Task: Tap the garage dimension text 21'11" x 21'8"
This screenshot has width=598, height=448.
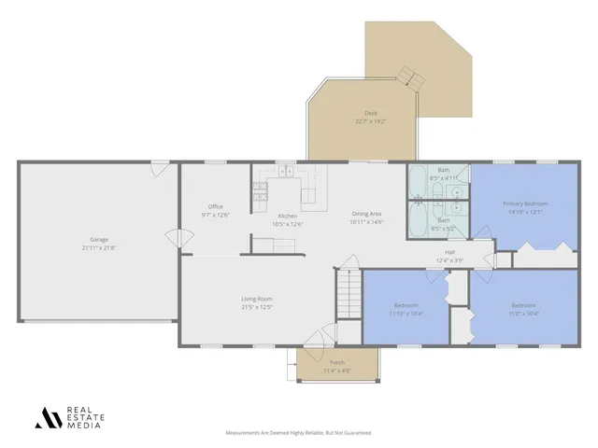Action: (x=98, y=247)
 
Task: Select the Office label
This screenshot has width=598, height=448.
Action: (x=215, y=206)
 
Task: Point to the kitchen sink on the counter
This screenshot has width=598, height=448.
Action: (x=285, y=173)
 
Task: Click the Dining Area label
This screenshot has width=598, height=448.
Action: (x=366, y=214)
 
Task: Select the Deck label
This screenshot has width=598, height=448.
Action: (x=371, y=113)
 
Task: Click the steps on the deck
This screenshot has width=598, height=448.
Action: (x=406, y=75)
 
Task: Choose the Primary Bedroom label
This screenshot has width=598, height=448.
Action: (x=524, y=203)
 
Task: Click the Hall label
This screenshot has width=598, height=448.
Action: (x=449, y=252)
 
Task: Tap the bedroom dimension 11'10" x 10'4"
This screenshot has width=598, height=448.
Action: (x=406, y=314)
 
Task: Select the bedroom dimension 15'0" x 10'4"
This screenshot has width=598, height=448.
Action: (x=523, y=314)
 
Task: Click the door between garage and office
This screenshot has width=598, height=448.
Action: (x=174, y=237)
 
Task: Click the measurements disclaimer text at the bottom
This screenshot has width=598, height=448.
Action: (x=299, y=433)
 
